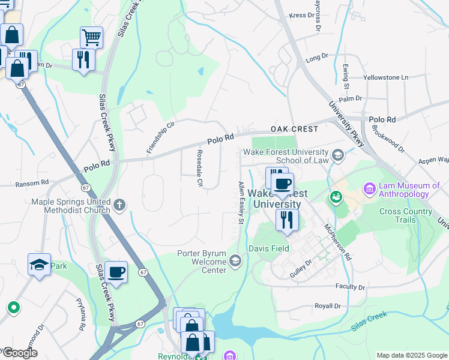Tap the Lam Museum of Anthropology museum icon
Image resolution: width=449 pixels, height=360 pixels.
coord(369,190)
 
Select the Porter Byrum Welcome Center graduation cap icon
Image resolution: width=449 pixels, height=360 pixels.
coord(235,260)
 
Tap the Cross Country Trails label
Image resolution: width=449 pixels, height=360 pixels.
coord(406,216)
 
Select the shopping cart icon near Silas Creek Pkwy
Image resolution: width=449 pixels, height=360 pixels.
coord(91,37)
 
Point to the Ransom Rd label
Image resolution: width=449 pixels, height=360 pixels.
coord(32,182)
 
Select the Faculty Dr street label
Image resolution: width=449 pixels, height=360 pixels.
coord(351,286)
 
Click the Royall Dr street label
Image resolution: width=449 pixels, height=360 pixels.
coord(327,306)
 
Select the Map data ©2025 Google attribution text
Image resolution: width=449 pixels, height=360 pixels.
coord(412,355)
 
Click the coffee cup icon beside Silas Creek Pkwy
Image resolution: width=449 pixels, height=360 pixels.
coord(116,272)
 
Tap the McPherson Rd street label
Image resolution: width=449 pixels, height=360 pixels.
coord(336,242)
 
